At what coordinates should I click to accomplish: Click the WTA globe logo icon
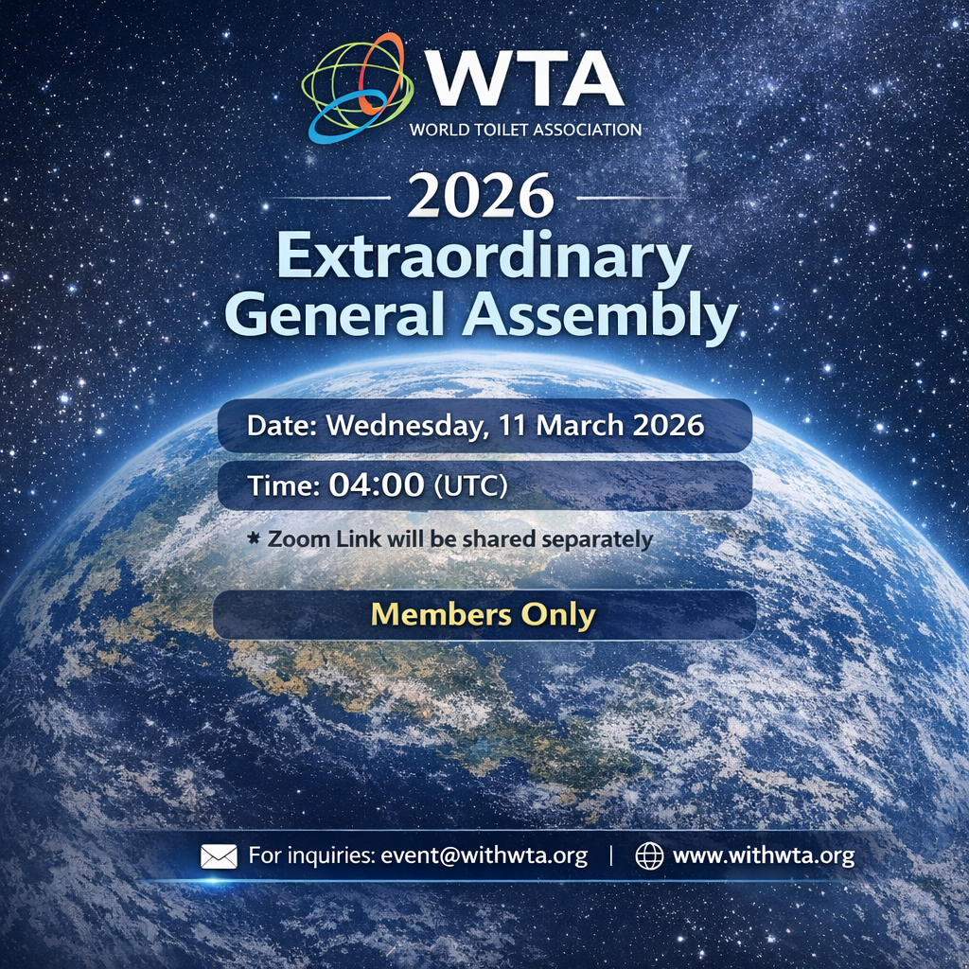357,88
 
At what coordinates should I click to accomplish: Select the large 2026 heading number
481,195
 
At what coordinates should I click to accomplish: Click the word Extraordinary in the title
484,256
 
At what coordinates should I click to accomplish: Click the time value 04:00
377,484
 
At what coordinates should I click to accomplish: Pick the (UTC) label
471,485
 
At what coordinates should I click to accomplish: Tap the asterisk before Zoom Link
254,538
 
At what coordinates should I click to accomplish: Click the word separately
597,540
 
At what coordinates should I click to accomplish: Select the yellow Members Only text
484,614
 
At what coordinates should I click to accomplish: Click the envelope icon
219,856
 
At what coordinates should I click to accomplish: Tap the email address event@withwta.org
484,855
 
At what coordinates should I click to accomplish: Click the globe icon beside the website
649,856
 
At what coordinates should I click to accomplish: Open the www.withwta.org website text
764,855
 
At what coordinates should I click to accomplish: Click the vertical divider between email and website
612,855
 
